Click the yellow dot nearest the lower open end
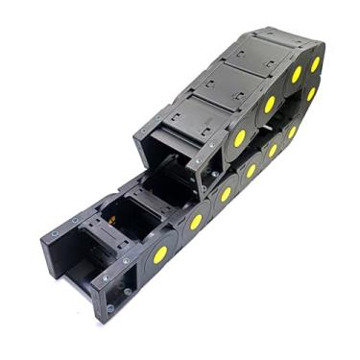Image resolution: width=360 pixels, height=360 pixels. (160, 253)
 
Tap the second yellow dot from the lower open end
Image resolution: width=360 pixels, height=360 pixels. (196, 222)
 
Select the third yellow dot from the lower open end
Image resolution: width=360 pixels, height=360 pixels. (226, 195)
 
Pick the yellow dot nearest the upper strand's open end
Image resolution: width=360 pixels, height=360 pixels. (239, 137)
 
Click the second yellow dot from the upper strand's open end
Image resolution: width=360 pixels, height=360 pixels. (270, 104)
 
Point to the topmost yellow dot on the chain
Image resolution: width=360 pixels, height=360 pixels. (315, 63)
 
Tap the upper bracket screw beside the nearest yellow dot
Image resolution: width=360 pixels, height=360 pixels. (217, 144)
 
